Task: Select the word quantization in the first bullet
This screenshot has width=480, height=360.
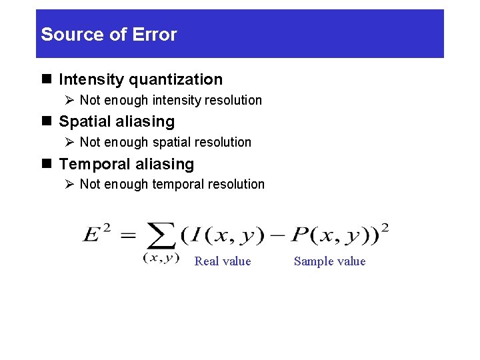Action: [175, 80]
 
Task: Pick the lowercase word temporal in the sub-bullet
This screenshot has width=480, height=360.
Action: [179, 185]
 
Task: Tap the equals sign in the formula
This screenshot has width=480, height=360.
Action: [129, 235]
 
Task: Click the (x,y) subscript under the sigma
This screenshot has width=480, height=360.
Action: [161, 258]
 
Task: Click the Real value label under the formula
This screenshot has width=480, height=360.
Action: [223, 261]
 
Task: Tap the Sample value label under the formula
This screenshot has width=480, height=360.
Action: [330, 261]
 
